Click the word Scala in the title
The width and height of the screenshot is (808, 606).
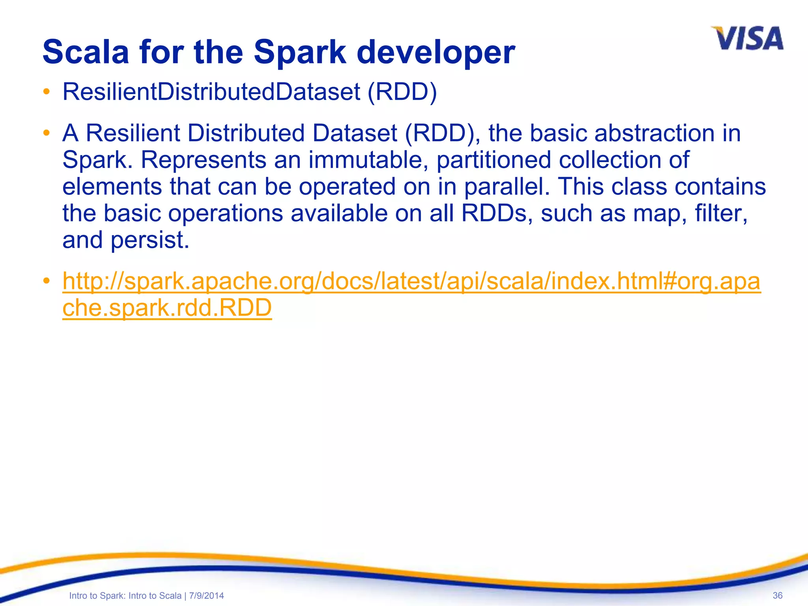click(x=86, y=52)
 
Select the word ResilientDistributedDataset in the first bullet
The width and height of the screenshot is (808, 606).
click(x=211, y=92)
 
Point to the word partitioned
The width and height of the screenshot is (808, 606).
click(x=494, y=160)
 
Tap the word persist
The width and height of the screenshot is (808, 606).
click(x=150, y=240)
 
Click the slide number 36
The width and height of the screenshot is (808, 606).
click(x=777, y=595)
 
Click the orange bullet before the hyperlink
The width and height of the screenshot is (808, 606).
click(x=47, y=281)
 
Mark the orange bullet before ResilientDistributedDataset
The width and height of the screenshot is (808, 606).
click(x=47, y=92)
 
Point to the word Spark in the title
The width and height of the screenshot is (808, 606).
click(x=300, y=52)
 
